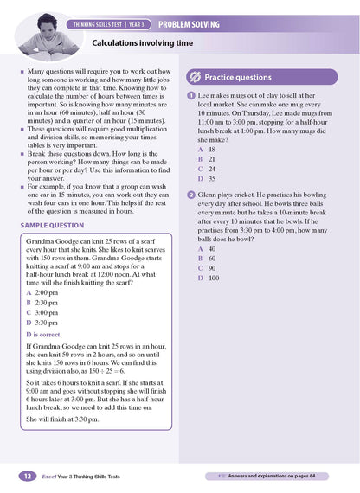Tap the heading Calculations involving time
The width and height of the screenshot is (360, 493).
[143, 42]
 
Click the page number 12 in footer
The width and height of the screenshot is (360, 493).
[28, 477]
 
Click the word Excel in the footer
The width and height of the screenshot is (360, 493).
[52, 477]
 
